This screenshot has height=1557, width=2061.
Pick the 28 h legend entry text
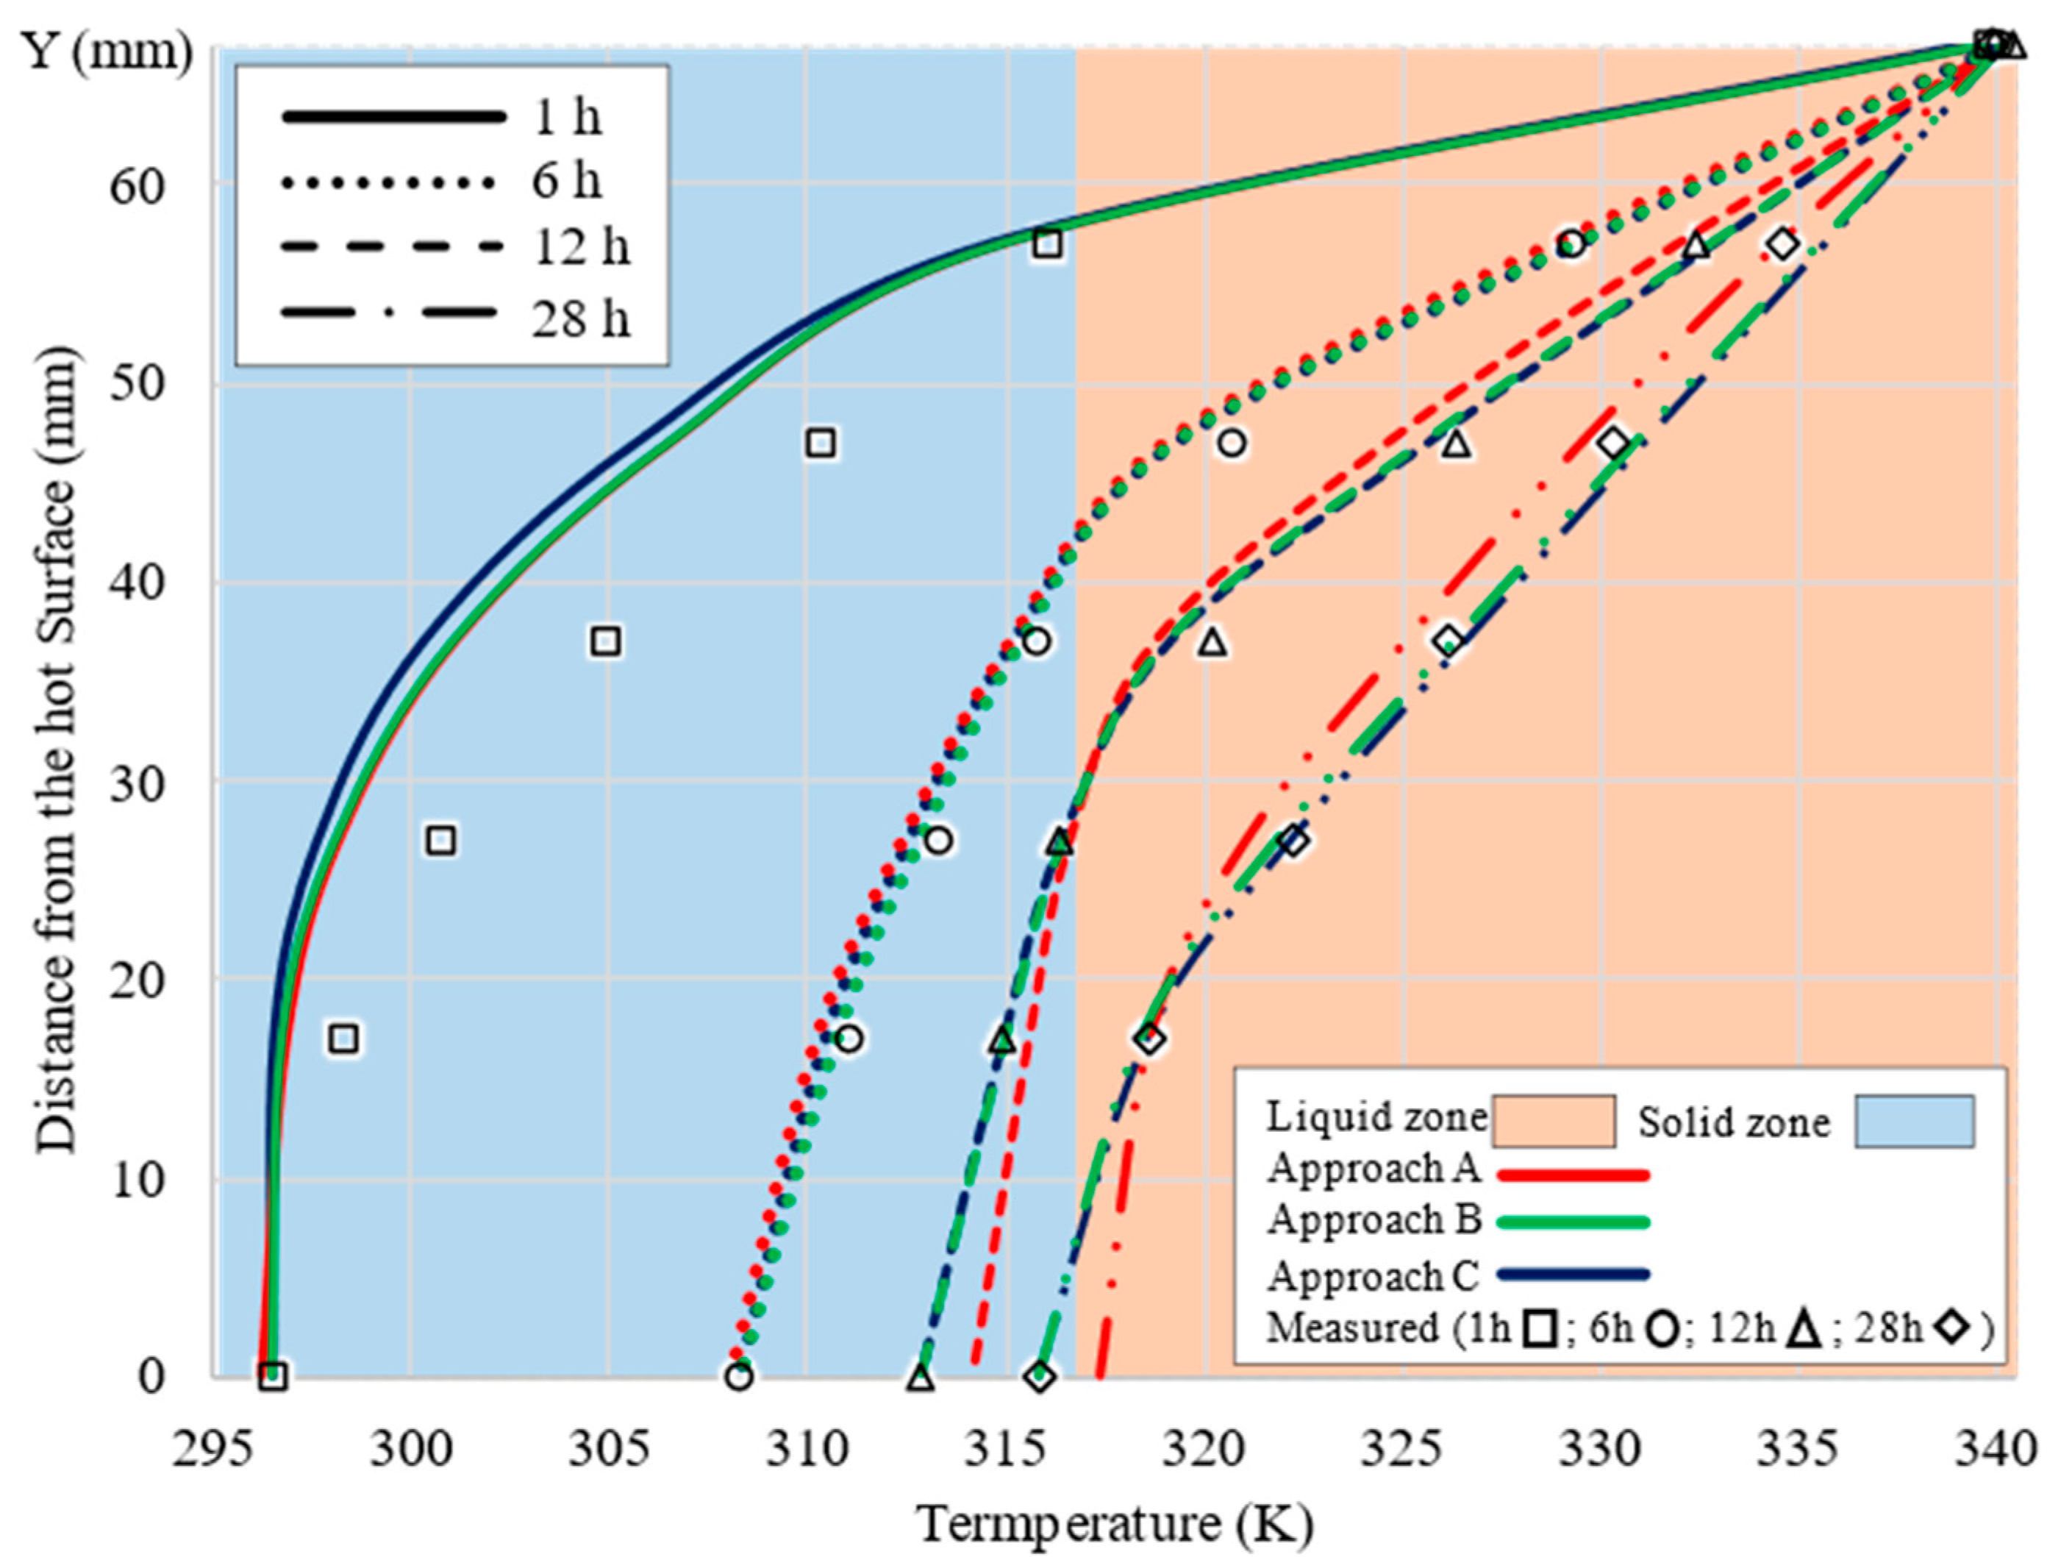tap(580, 320)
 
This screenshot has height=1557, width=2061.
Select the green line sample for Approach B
tap(1573, 1222)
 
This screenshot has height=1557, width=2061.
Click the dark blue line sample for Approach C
tap(1573, 1274)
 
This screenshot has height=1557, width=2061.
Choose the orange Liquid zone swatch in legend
tap(1553, 1121)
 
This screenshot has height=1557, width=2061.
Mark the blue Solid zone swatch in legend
tap(1913, 1121)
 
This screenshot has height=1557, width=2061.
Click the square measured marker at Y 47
tap(820, 443)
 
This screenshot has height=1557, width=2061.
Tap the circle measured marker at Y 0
tap(739, 1376)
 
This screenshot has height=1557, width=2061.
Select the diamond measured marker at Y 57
tap(1782, 245)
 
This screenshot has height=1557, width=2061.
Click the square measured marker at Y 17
tap(344, 1039)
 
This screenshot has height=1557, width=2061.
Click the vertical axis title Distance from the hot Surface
tap(56, 750)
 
